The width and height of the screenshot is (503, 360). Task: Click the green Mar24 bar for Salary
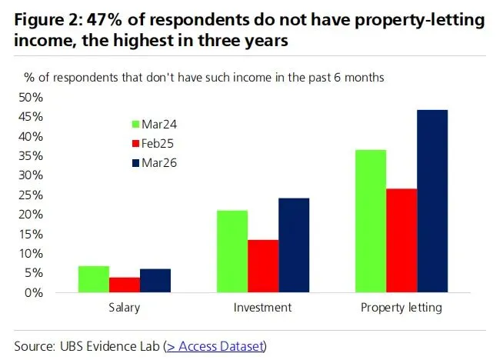[93, 279]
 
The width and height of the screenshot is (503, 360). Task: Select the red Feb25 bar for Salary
[125, 285]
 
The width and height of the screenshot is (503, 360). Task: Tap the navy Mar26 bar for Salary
[155, 281]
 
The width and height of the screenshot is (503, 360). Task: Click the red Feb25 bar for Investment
[263, 266]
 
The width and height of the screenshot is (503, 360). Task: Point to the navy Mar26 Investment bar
[294, 245]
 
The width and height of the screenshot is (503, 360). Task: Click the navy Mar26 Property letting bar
[432, 202]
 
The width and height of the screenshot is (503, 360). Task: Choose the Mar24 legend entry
[155, 124]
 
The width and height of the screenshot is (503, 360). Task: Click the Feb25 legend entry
[155, 143]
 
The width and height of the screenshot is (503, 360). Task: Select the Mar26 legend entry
[155, 162]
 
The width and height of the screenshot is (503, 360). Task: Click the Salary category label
[124, 308]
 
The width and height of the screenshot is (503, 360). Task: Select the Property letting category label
[401, 308]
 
